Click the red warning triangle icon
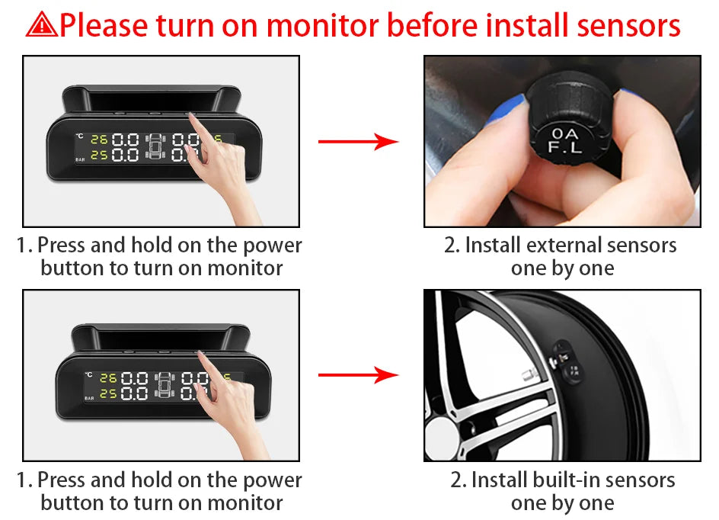(x=42, y=25)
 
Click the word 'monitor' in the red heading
(x=323, y=25)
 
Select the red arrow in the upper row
(x=359, y=141)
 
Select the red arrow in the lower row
(x=359, y=375)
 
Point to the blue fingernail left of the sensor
(x=506, y=110)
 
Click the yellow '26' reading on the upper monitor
(x=99, y=139)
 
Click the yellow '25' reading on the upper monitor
(x=99, y=156)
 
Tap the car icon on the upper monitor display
(x=155, y=146)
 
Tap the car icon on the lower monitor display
(x=165, y=385)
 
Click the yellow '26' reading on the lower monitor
(x=108, y=377)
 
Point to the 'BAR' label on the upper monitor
(x=80, y=159)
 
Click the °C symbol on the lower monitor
(x=88, y=374)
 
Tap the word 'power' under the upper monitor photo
(x=273, y=246)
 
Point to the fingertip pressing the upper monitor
(x=192, y=117)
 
